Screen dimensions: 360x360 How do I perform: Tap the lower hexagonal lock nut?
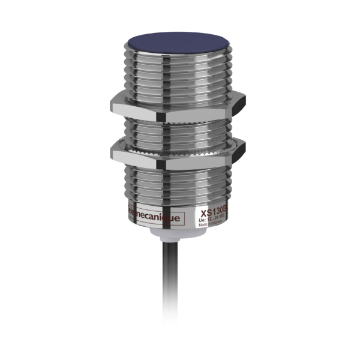click(x=174, y=152)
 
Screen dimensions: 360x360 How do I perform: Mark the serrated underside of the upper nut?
click(x=174, y=118)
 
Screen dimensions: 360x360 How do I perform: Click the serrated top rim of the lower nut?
click(x=174, y=141)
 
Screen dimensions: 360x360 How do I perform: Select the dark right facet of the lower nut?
click(x=239, y=151)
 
